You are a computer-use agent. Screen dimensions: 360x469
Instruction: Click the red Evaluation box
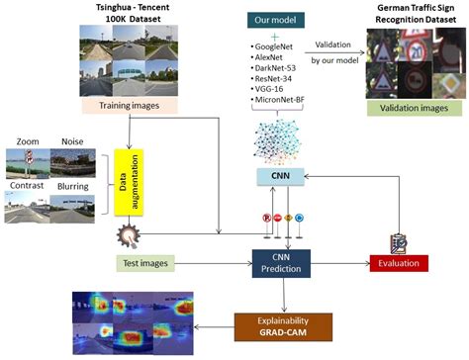point(398,263)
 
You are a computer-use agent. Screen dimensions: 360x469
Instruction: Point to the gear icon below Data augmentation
point(127,235)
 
